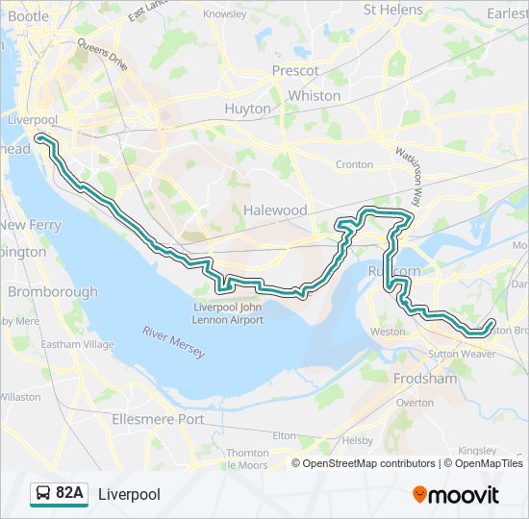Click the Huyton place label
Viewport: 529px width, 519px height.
tap(247, 109)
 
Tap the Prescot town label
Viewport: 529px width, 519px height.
tap(295, 70)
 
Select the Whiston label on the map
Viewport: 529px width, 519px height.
tap(315, 95)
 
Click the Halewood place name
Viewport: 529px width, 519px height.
tap(275, 210)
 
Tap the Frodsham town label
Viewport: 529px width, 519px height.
tap(425, 379)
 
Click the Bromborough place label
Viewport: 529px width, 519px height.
tap(52, 291)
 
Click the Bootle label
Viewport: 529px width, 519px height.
tap(28, 16)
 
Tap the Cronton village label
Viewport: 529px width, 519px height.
tap(354, 164)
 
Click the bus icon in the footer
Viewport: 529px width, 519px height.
tap(43, 494)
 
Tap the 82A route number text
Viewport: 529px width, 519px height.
tap(70, 494)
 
